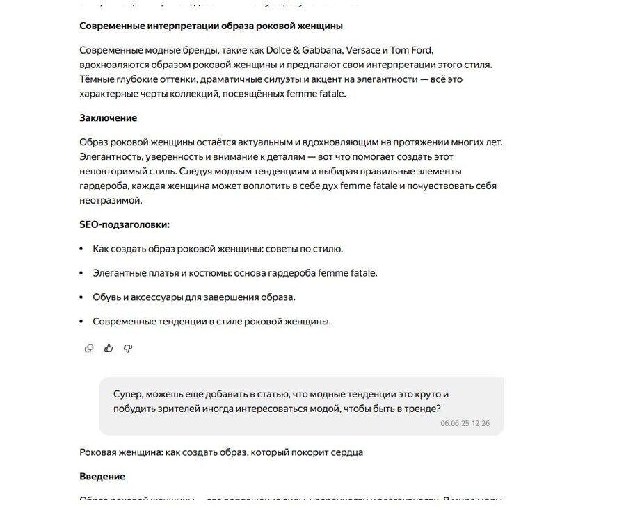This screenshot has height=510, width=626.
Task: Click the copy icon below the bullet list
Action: pyautogui.click(x=89, y=348)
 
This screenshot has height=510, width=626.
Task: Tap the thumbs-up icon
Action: pyautogui.click(x=109, y=348)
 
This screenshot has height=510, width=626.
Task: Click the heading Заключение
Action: pyautogui.click(x=108, y=118)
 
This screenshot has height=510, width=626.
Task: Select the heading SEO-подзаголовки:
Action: pyautogui.click(x=125, y=224)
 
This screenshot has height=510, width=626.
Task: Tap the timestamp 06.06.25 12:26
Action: pyautogui.click(x=465, y=422)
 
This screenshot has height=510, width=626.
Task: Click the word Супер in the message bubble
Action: pyautogui.click(x=129, y=394)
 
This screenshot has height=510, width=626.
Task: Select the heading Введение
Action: pyautogui.click(x=102, y=477)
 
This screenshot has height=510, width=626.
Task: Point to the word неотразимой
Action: pyautogui.click(x=111, y=201)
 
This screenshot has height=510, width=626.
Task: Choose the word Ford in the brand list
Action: pyautogui.click(x=421, y=50)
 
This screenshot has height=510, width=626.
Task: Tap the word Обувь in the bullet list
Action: pyautogui.click(x=108, y=297)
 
